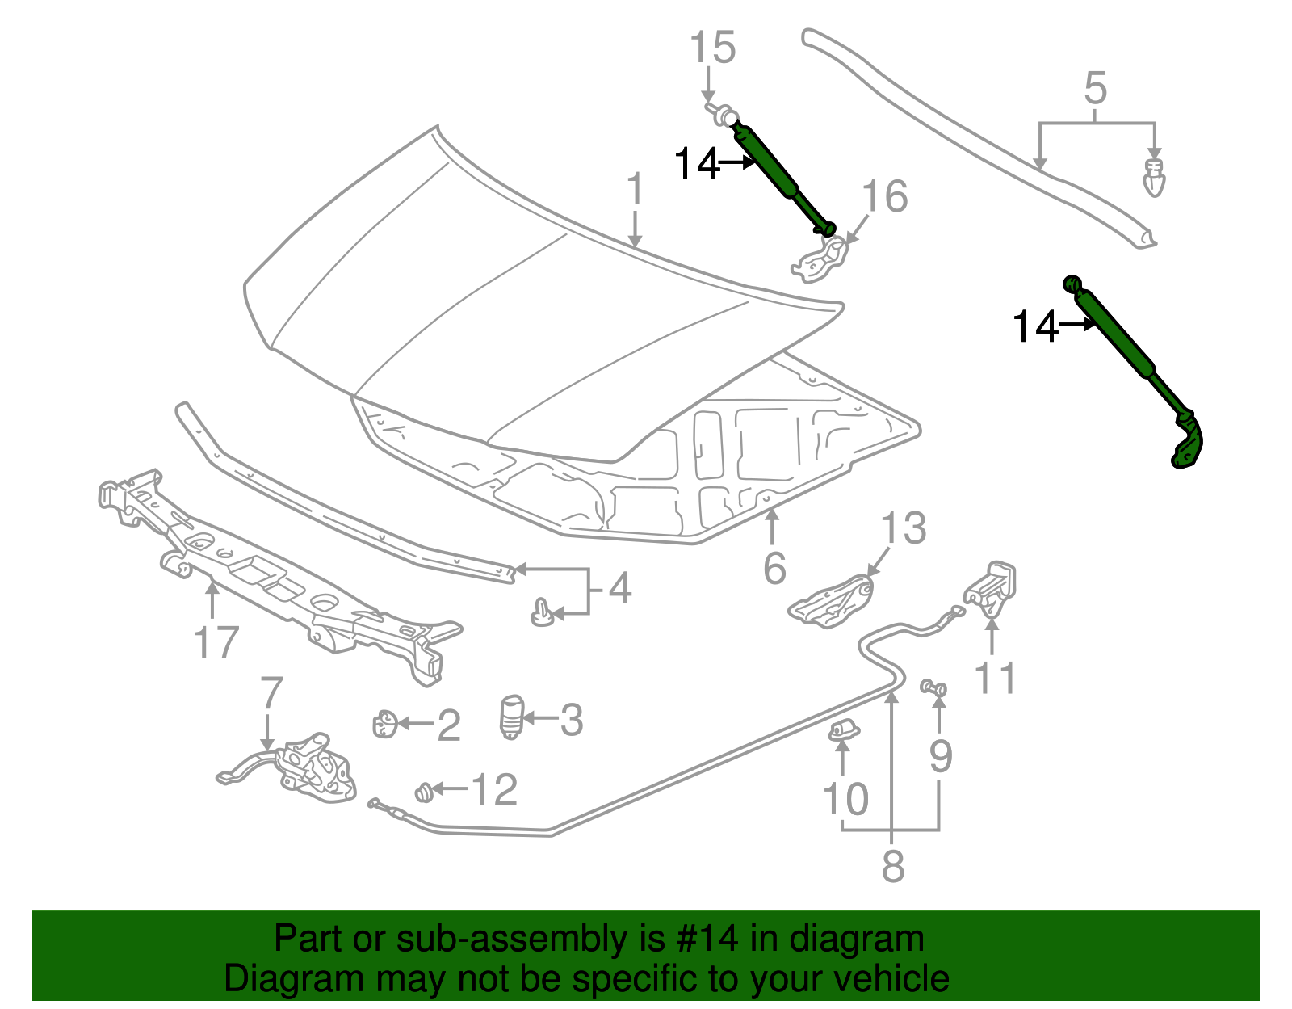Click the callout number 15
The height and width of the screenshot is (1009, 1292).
click(713, 48)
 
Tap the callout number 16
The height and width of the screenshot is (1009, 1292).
click(885, 196)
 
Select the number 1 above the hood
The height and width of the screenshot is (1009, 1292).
click(636, 189)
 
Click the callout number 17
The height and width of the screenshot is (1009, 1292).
click(216, 643)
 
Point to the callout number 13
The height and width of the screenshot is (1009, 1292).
click(903, 528)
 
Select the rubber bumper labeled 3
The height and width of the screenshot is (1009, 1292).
click(511, 717)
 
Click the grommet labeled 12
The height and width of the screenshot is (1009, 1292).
click(423, 792)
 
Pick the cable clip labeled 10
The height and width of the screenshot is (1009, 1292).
click(843, 730)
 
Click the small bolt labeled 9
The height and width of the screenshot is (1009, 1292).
click(934, 687)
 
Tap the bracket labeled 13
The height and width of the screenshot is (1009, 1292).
click(833, 600)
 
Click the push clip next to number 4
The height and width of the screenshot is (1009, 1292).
click(543, 614)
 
